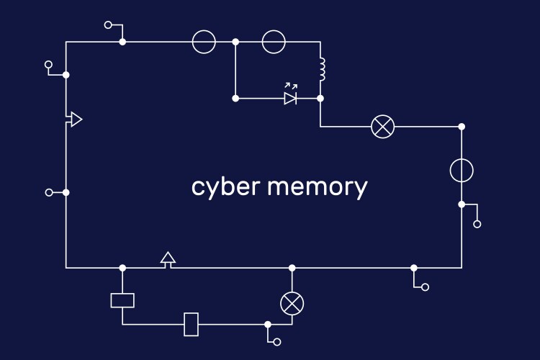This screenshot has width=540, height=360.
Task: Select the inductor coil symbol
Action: tap(322, 70)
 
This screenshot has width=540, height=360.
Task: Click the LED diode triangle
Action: tap(290, 98)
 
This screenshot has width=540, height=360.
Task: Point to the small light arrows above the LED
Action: tap(291, 86)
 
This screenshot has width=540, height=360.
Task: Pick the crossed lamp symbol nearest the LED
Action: tap(382, 127)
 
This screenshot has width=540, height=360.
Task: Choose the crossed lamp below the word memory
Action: tap(292, 303)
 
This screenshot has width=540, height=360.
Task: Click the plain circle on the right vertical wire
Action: tap(462, 171)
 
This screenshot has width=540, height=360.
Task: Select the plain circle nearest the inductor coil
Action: tap(274, 42)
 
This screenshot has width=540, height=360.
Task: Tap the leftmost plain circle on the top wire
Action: tap(204, 42)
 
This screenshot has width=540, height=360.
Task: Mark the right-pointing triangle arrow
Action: tap(76, 120)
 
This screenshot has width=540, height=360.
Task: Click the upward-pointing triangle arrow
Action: tap(168, 258)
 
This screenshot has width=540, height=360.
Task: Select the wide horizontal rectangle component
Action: tap(122, 300)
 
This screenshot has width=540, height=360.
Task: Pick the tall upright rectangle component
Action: tap(191, 324)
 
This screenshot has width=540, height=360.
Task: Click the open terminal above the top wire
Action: tap(108, 24)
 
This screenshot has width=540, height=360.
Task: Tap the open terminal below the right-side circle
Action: tap(477, 224)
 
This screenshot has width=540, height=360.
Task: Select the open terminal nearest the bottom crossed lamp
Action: tap(276, 341)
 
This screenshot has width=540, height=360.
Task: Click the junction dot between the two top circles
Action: tap(235, 42)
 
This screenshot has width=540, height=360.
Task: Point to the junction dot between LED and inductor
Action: tap(320, 98)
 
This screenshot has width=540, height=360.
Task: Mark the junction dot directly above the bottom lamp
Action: tap(292, 268)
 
